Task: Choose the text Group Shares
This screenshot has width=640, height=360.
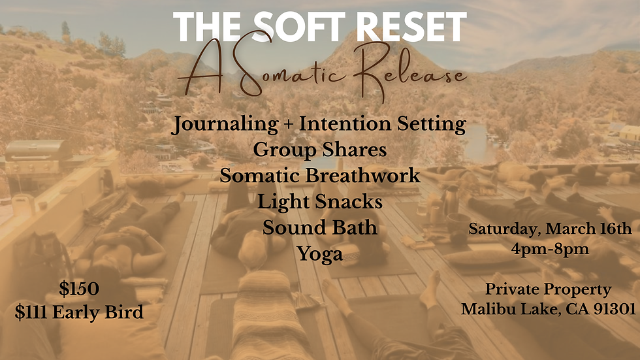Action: tap(320, 150)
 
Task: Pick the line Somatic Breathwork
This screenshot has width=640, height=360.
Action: tap(320, 176)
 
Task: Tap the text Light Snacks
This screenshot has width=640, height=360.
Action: tap(320, 201)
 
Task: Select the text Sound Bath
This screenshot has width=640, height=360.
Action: tap(320, 227)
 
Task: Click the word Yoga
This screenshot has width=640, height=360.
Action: tap(320, 254)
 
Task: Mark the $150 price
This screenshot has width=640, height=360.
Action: tap(79, 288)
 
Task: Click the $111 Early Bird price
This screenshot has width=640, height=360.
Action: tap(79, 312)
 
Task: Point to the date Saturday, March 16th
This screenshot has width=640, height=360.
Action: tap(550, 229)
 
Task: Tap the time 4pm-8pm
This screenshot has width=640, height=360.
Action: tap(550, 249)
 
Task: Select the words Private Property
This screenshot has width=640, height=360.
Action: tap(549, 289)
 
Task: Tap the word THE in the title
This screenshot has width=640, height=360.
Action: tap(206, 28)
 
